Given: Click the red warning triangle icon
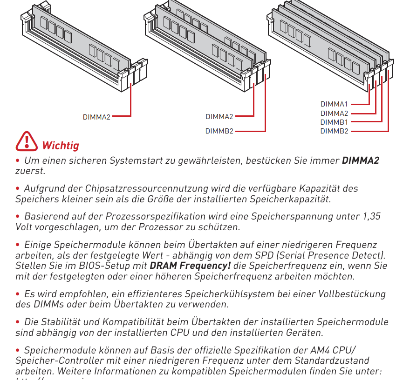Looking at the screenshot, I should [x=27, y=141].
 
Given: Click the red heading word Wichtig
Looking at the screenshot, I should [x=61, y=146].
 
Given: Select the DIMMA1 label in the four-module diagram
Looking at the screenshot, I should [x=334, y=104].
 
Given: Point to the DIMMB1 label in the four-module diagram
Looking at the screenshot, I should [x=334, y=122].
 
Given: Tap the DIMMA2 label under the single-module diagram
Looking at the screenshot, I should [x=96, y=117].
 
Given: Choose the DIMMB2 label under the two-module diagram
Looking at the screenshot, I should [x=219, y=131].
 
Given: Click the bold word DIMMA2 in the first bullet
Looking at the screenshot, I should [x=361, y=161].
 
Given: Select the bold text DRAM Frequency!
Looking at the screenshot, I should [x=190, y=266].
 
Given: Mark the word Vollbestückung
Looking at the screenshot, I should [x=352, y=294].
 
